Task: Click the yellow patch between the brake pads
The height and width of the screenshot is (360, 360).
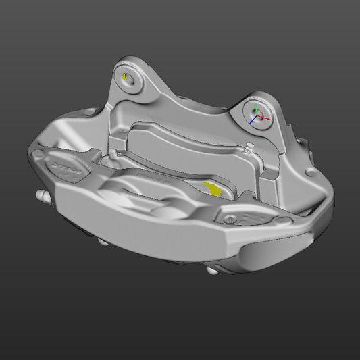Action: click(214, 189)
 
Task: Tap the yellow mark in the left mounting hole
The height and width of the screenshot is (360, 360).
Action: click(126, 76)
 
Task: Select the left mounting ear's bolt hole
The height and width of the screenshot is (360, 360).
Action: click(128, 78)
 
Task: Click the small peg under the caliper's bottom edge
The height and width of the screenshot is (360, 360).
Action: click(212, 271)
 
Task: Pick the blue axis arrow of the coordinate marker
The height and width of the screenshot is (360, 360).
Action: click(251, 123)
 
